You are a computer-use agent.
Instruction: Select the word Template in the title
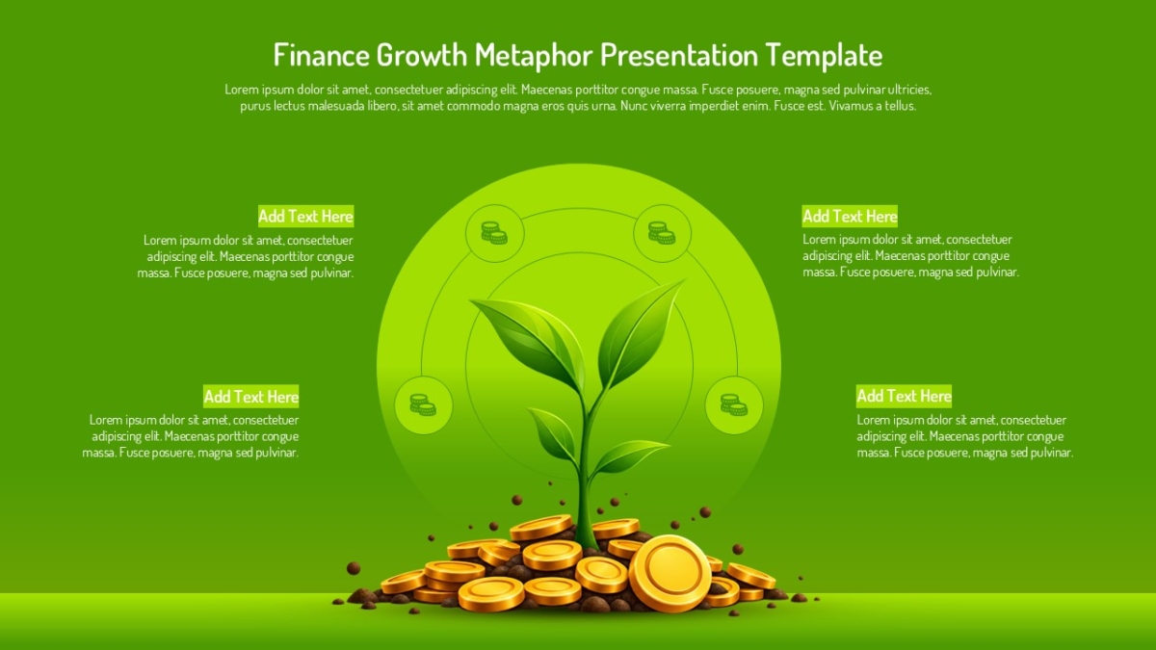pyautogui.click(x=824, y=55)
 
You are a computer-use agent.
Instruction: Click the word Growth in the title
pyautogui.click(x=422, y=55)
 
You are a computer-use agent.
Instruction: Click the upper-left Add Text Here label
pyautogui.click(x=306, y=216)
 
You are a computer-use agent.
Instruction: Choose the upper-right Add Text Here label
pyautogui.click(x=850, y=216)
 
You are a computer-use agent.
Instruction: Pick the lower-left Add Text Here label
pyautogui.click(x=250, y=396)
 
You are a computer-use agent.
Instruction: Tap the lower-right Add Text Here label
pyautogui.click(x=904, y=396)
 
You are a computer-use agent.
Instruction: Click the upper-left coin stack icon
pyautogui.click(x=494, y=233)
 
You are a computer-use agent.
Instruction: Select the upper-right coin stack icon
pyautogui.click(x=662, y=233)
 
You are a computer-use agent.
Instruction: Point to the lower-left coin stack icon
pyautogui.click(x=423, y=405)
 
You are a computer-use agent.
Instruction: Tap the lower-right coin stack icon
pyautogui.click(x=734, y=405)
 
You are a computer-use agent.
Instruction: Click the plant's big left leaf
pyautogui.click(x=532, y=341)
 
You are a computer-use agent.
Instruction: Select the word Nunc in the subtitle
pyautogui.click(x=632, y=106)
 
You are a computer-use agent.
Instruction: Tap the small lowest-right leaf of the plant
pyautogui.click(x=630, y=455)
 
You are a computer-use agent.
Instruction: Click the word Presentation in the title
pyautogui.click(x=678, y=55)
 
